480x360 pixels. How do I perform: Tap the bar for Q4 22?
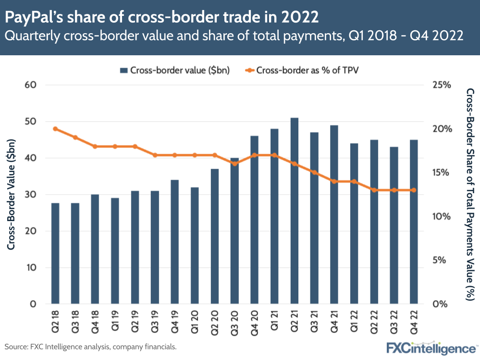(413, 222)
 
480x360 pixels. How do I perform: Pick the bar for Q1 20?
(195, 246)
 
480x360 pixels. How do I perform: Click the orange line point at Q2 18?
(55, 129)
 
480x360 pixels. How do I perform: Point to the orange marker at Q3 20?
(234, 163)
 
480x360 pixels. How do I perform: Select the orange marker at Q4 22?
(413, 190)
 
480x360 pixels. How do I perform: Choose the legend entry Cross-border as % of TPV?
(302, 70)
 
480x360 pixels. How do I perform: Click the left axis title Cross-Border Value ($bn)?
(12, 194)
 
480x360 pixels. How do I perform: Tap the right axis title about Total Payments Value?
(470, 194)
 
